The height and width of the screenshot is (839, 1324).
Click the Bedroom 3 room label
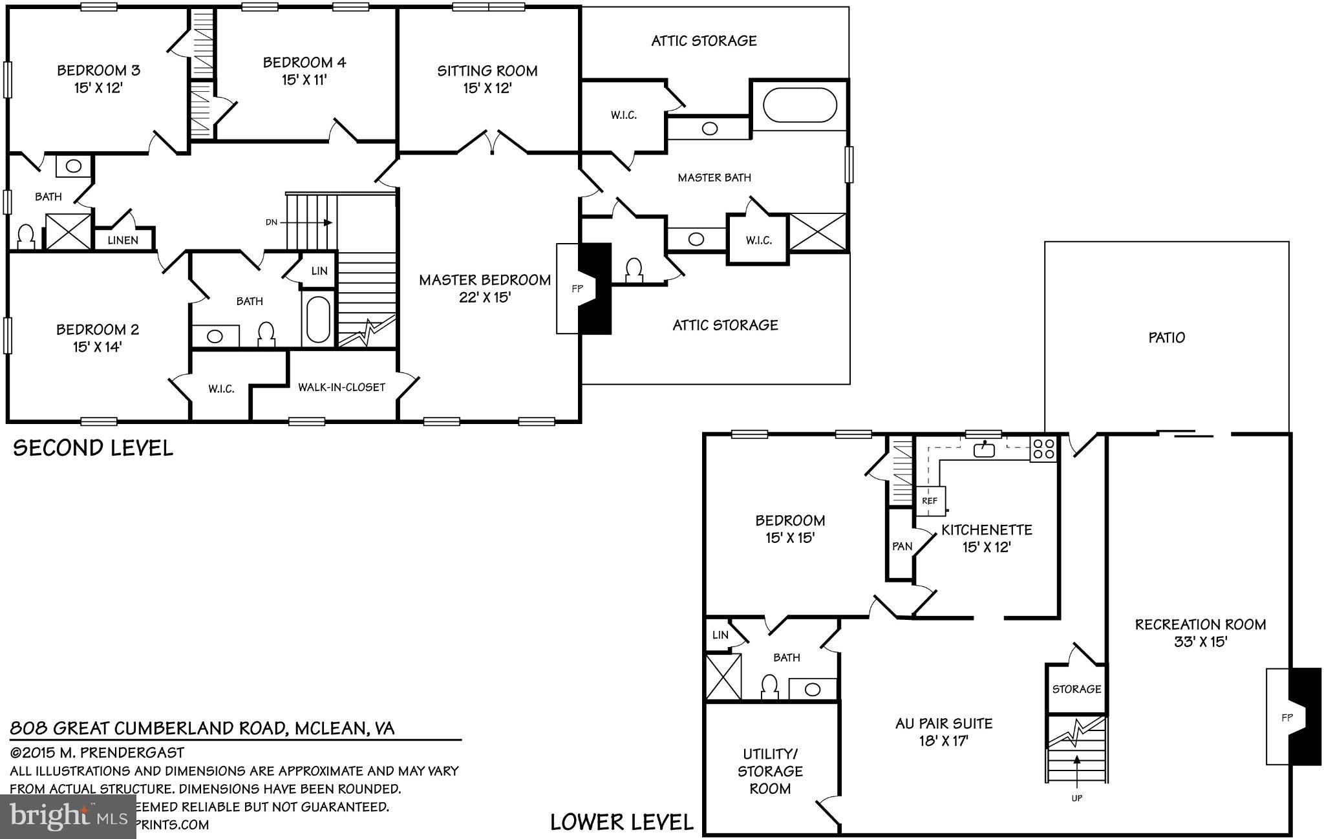tap(99, 70)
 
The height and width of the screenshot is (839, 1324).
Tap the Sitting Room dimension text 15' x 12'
tap(487, 88)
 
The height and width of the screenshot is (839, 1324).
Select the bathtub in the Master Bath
tap(800, 105)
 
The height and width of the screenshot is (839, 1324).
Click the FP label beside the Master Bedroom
tap(577, 289)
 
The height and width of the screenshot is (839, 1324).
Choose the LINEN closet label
tap(123, 240)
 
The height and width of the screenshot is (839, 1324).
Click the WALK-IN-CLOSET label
tap(341, 387)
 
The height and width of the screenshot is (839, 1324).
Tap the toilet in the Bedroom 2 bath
tap(266, 334)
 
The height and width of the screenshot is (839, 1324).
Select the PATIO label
tap(1166, 337)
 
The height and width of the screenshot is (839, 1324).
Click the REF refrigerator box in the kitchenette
tap(930, 501)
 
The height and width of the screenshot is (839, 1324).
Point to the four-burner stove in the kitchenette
tap(1043, 449)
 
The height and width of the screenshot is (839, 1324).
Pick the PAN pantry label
tap(902, 546)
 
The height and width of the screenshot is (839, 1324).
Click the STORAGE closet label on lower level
tap(1076, 689)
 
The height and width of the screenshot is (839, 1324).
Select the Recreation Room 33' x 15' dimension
tap(1201, 642)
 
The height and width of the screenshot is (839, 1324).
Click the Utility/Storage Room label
tap(770, 771)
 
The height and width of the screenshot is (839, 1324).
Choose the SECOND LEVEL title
tap(93, 448)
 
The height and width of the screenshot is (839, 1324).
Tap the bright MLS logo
tap(68, 817)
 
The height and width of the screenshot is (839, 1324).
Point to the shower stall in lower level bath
tap(723, 677)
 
